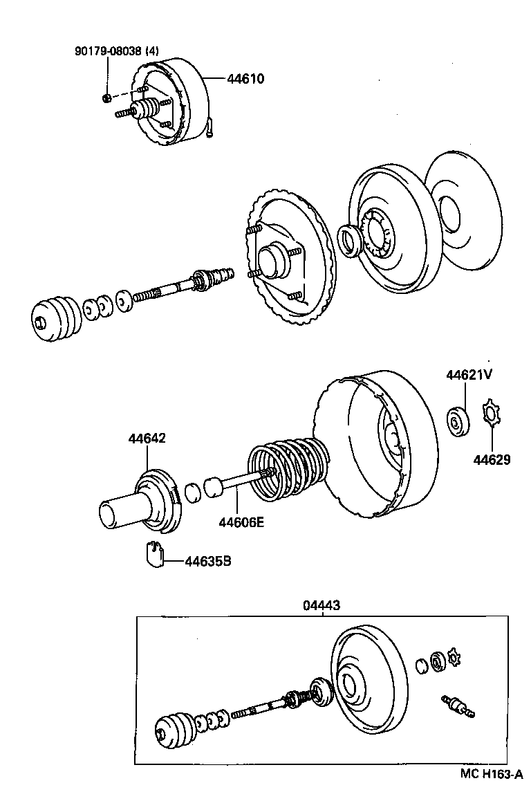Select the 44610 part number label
coord(245,79)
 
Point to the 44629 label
coord(492,459)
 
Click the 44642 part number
coord(147,439)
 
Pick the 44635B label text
coord(207,562)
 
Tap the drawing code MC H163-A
coord(491,775)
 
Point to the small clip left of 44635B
coord(155,553)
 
